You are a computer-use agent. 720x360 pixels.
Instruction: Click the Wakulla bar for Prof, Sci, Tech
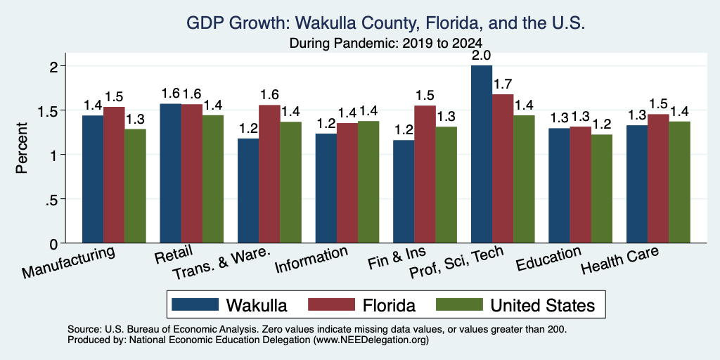(x=482, y=154)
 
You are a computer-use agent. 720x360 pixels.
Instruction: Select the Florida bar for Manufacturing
(x=114, y=175)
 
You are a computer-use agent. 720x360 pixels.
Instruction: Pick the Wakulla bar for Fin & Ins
(x=404, y=191)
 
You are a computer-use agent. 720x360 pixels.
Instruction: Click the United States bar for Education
(x=602, y=188)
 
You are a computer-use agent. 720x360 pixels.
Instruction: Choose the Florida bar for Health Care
(x=658, y=179)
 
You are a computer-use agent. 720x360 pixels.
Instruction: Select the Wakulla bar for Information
(x=326, y=188)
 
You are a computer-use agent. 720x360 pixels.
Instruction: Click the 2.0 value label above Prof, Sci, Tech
(x=482, y=56)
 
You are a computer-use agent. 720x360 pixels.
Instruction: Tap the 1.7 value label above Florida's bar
(x=503, y=84)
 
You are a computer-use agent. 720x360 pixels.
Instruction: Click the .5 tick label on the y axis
(x=51, y=199)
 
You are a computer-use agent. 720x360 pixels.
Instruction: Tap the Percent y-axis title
(x=22, y=148)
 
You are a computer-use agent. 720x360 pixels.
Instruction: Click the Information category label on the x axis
(x=311, y=259)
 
